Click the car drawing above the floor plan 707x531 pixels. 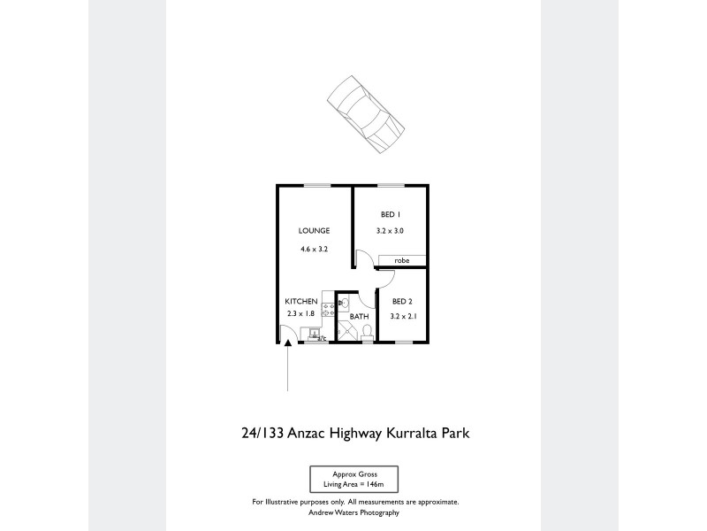(x=362, y=116)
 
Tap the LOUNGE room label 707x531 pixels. (x=314, y=231)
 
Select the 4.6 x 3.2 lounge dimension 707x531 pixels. (x=314, y=250)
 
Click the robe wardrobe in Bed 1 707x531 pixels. (x=402, y=261)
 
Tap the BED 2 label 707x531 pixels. (x=402, y=301)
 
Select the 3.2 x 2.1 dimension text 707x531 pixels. (x=402, y=315)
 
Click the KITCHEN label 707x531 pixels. (x=300, y=301)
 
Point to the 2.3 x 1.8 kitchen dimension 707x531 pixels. (x=300, y=314)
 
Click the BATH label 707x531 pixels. (x=359, y=316)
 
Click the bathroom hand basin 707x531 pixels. (x=344, y=302)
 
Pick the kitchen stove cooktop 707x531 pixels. (x=326, y=311)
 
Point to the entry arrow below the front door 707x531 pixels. (x=288, y=367)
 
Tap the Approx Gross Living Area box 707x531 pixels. (x=353, y=480)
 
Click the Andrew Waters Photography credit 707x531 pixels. (x=353, y=512)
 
